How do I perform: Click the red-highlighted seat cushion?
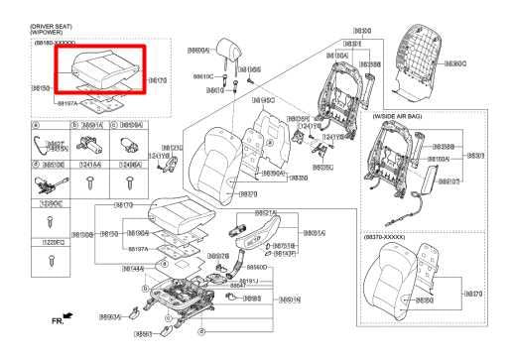[103, 70]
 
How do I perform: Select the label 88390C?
[456, 62]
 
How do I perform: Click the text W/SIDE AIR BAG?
[400, 116]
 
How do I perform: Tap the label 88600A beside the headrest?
[198, 50]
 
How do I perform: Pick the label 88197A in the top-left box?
[68, 102]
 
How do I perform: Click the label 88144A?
[133, 268]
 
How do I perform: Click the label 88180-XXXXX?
[53, 43]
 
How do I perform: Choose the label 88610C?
[203, 75]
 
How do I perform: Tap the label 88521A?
[265, 212]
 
